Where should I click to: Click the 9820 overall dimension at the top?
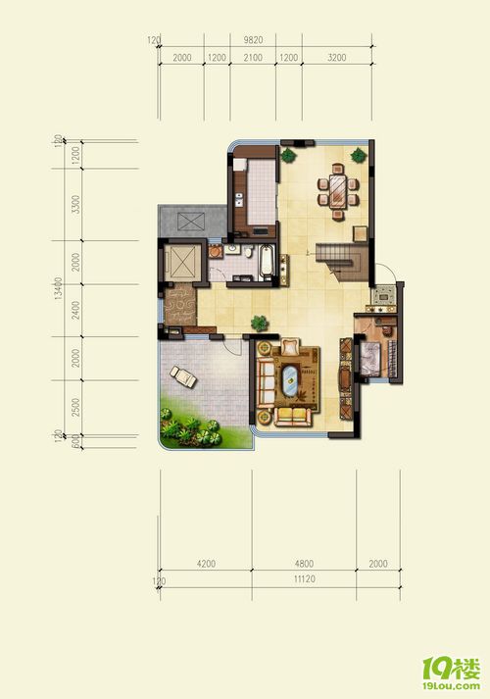click(x=253, y=40)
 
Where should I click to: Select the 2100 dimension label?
click(x=253, y=58)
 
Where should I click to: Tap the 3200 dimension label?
click(x=337, y=58)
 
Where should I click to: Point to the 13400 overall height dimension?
click(x=58, y=288)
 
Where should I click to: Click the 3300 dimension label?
click(x=76, y=205)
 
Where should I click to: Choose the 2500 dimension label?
click(x=76, y=408)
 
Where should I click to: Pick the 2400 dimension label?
click(x=76, y=310)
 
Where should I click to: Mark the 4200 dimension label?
click(x=206, y=564)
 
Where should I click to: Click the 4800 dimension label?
click(x=304, y=564)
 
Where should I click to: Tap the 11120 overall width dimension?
click(x=305, y=579)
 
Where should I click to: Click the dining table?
click(x=338, y=192)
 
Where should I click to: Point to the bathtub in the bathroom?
click(x=266, y=260)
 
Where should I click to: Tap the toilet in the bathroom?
click(x=248, y=252)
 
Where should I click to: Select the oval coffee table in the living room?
click(x=290, y=380)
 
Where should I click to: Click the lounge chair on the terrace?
click(x=183, y=376)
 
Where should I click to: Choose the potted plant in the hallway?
click(x=260, y=323)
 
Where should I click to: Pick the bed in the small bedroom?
click(x=370, y=358)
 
